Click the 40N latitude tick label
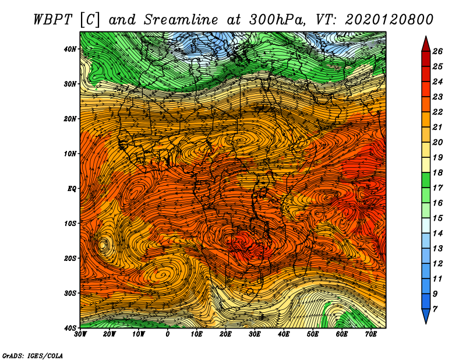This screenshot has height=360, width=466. point(69,49)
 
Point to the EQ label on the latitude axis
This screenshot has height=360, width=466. point(72,189)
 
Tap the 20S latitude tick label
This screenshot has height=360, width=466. point(69,258)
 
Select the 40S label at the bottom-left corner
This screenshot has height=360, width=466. point(69,327)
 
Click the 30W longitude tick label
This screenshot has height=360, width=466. point(80,334)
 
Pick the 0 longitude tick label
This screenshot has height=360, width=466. point(168,334)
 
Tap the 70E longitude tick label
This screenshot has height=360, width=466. point(371,334)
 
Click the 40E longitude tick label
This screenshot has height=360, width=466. point(284,334)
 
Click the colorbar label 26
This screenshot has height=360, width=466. point(437,51)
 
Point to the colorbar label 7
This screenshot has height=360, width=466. point(435,309)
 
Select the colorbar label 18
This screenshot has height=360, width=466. point(437,172)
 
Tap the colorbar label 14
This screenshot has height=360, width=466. point(437,234)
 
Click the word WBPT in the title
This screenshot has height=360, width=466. point(53,20)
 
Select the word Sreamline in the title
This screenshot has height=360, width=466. point(181,20)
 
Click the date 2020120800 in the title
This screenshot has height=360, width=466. point(389,20)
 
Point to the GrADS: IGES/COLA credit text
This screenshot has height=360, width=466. point(33,355)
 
